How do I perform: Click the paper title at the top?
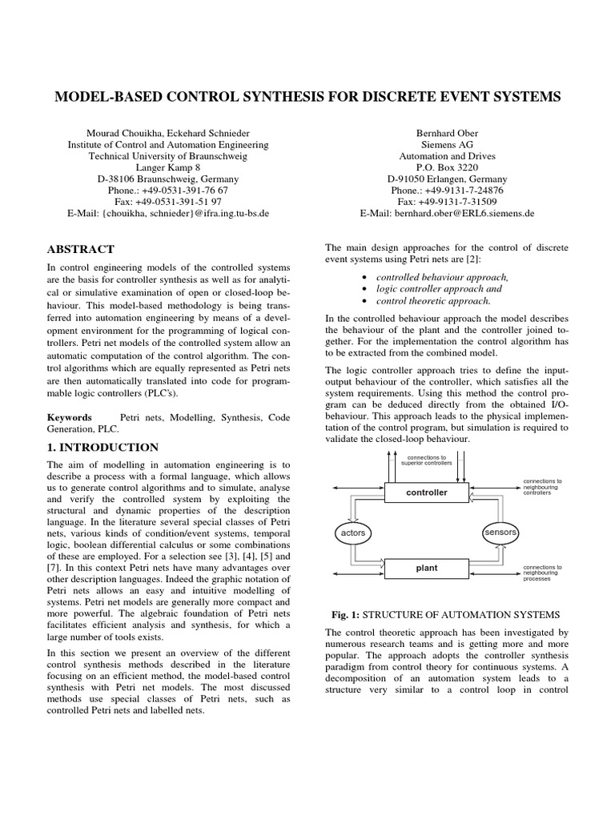click(x=307, y=97)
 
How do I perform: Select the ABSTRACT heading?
click(x=81, y=249)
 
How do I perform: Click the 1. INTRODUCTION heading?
click(x=102, y=447)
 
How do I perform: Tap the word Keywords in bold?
click(x=70, y=418)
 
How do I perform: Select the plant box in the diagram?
click(x=426, y=569)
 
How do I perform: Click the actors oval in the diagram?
click(x=352, y=532)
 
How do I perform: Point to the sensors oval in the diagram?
click(x=500, y=532)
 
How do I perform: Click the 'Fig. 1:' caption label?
click(x=348, y=614)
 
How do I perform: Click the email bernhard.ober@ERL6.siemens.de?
click(x=447, y=214)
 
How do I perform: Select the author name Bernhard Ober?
click(x=447, y=132)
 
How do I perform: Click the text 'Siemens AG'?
click(x=447, y=145)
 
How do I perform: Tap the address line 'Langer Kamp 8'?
click(x=167, y=168)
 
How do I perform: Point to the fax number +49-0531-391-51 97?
click(x=167, y=203)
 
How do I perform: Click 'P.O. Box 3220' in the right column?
click(x=447, y=168)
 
